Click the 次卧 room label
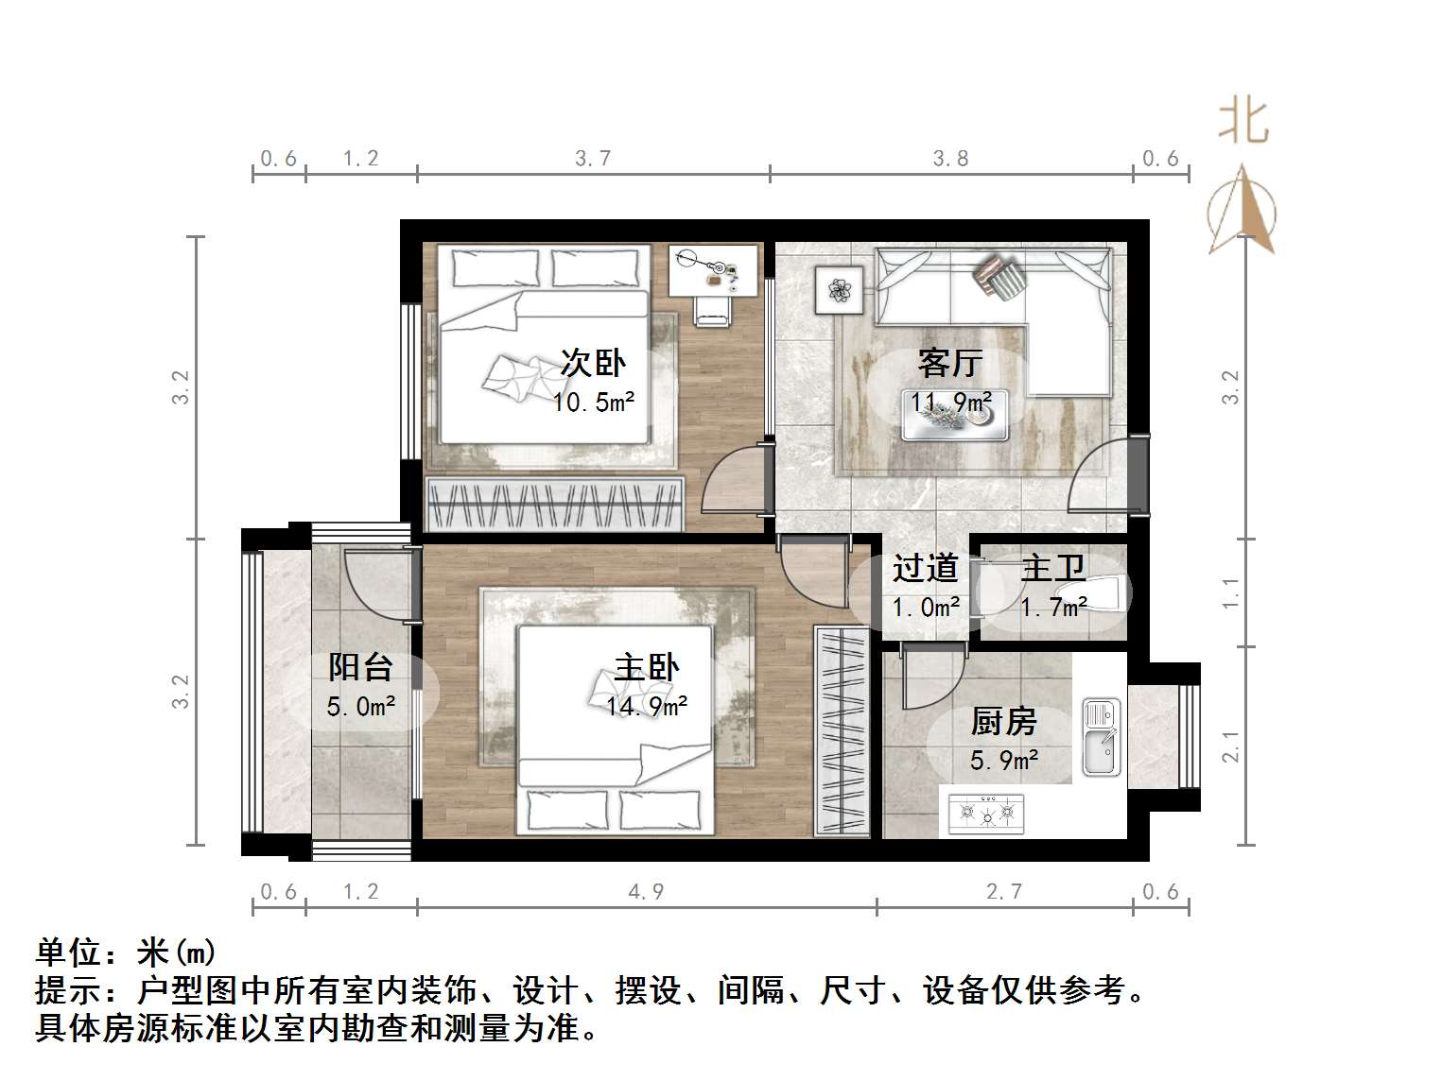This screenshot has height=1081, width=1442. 593,363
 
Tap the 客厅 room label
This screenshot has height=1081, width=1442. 950,363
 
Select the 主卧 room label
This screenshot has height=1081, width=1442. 647,668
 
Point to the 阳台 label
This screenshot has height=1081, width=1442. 360,668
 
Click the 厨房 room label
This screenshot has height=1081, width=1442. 1004,722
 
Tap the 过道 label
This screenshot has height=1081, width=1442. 926,568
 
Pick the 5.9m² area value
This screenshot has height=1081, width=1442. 1004,760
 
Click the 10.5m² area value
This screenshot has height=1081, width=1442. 593,403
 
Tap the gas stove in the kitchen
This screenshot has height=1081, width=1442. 986,812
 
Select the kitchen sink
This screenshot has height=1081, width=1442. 1100,738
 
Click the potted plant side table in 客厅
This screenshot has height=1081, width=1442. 839,289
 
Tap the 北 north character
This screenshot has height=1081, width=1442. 1242,122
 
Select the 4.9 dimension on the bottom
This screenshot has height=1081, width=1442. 647,891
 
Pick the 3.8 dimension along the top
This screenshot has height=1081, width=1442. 950,159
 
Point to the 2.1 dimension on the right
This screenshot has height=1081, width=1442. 1230,746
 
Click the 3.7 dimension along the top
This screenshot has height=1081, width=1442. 593,159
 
